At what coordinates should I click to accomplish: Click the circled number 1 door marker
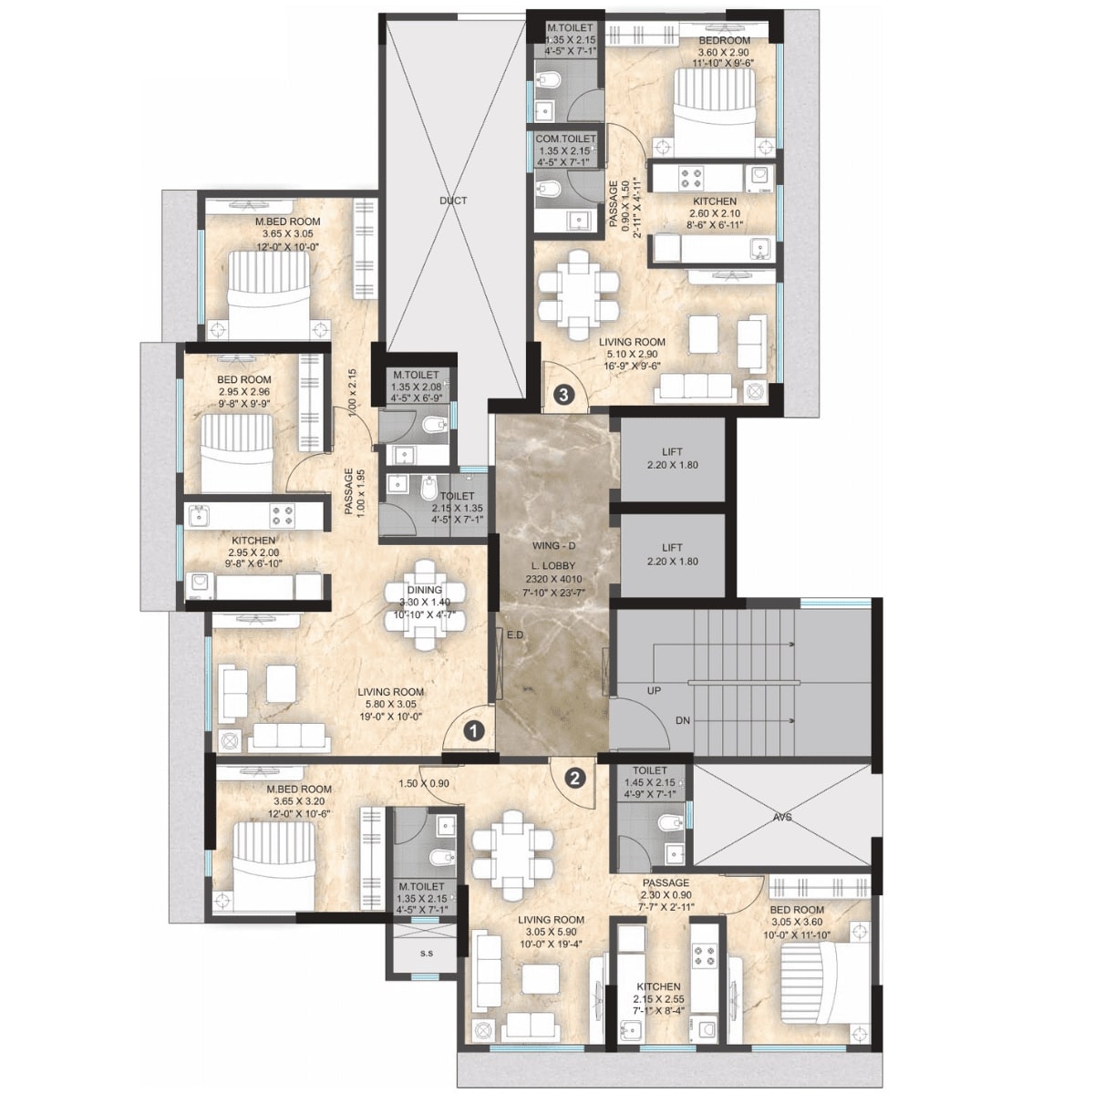pyautogui.click(x=473, y=730)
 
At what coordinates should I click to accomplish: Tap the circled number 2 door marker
pyautogui.click(x=574, y=778)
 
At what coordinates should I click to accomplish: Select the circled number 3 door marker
pyautogui.click(x=564, y=395)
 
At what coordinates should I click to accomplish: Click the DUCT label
pyautogui.click(x=452, y=201)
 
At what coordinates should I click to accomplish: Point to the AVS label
pyautogui.click(x=782, y=818)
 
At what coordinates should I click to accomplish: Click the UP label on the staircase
pyautogui.click(x=654, y=691)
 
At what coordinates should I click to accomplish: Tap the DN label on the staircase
pyautogui.click(x=683, y=720)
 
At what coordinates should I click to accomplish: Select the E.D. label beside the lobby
pyautogui.click(x=515, y=635)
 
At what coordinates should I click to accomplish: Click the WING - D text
pyautogui.click(x=552, y=546)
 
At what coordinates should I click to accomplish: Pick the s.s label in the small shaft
pyautogui.click(x=427, y=955)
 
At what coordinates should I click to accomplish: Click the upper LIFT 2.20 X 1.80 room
pyautogui.click(x=672, y=459)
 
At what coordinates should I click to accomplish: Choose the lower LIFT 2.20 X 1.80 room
pyautogui.click(x=672, y=555)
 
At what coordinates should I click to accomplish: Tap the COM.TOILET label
pyautogui.click(x=566, y=139)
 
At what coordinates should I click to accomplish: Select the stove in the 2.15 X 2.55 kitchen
pyautogui.click(x=705, y=956)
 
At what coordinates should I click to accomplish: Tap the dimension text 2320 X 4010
pyautogui.click(x=552, y=579)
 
